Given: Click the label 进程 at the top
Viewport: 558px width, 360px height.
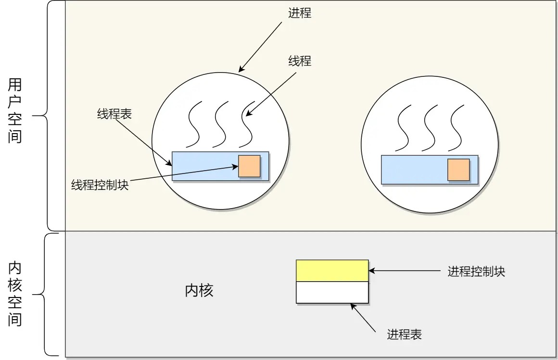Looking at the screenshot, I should tap(300, 13).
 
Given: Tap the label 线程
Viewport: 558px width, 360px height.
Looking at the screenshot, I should tap(300, 61).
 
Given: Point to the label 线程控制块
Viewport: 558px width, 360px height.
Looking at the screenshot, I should tap(100, 185).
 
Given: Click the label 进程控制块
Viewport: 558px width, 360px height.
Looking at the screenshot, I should tap(476, 272).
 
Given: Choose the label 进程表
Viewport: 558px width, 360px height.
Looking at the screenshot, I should tap(404, 335).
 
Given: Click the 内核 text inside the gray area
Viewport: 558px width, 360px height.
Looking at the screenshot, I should tap(199, 291).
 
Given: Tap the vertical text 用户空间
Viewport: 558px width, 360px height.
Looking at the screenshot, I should tap(15, 111).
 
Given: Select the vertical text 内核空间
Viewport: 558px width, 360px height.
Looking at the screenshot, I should tap(15, 295).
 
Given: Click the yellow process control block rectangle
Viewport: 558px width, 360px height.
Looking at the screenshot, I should tap(332, 271).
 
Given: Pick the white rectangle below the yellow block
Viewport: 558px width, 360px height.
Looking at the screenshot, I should tap(332, 292).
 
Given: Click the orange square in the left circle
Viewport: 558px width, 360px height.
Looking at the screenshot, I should tap(249, 166).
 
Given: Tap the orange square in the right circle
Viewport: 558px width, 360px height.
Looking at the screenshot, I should tap(458, 170).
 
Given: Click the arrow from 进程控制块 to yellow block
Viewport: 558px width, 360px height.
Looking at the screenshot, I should tap(404, 271).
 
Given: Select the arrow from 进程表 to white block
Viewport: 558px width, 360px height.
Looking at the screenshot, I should tap(363, 318).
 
